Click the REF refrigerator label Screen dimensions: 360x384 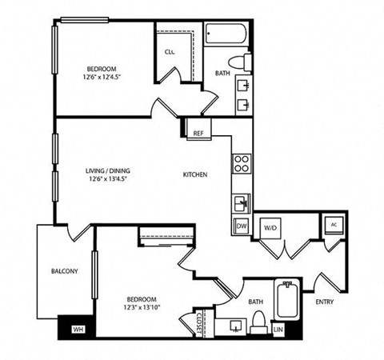point(198,134)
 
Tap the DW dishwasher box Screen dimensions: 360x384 point(241,226)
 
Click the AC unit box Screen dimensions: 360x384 point(333,225)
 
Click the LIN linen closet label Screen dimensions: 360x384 point(278,329)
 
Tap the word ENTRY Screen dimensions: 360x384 point(325,302)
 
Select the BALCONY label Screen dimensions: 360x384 point(64,271)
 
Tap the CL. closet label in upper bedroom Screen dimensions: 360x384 point(170,52)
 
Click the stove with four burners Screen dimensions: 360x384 point(241,164)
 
